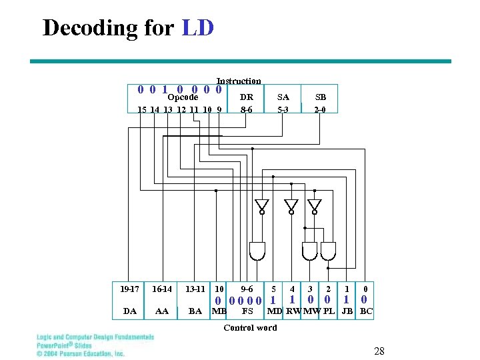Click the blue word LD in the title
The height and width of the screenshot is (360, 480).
point(197,27)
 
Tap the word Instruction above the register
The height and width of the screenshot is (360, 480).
point(239,81)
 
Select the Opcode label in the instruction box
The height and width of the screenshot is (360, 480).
point(183,97)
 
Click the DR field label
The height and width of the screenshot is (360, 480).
point(247,97)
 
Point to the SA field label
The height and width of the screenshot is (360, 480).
point(283,97)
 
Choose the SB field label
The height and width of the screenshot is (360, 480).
point(321,97)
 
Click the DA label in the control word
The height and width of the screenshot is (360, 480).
point(130,311)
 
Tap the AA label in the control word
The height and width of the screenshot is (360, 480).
point(161,311)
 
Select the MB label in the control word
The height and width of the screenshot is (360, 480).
point(219,311)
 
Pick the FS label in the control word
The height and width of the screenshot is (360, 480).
point(247,311)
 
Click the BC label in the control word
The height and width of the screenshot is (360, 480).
point(366,311)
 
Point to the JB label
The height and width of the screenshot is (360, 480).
point(347,311)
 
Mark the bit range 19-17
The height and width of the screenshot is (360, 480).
point(130,289)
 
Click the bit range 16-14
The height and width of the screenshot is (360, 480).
point(162,289)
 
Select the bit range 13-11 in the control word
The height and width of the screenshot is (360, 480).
point(195,289)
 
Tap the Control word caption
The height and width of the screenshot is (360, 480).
point(250,327)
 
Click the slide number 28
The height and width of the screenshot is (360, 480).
point(380,351)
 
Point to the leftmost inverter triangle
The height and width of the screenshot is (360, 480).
point(262,205)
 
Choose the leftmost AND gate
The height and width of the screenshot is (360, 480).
point(257,251)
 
